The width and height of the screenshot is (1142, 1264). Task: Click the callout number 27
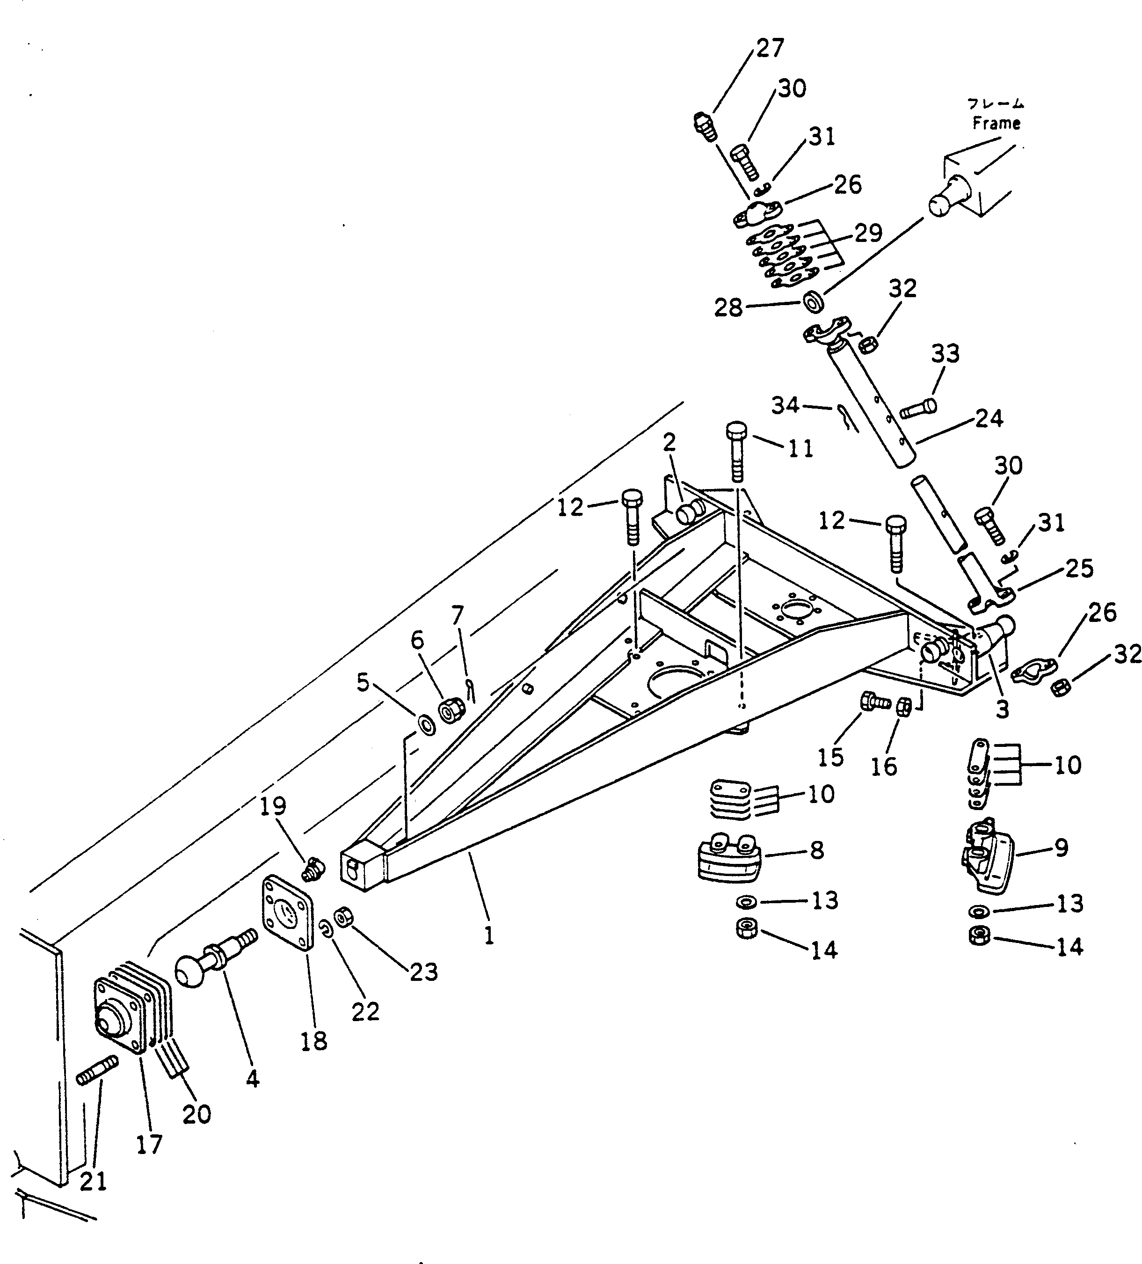click(769, 48)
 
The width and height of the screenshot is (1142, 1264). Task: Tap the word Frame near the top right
click(996, 123)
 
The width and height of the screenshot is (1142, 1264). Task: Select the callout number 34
click(786, 406)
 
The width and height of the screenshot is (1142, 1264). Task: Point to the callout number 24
click(989, 418)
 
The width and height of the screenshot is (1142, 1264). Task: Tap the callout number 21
click(94, 1181)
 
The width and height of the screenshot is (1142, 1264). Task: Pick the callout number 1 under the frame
click(489, 936)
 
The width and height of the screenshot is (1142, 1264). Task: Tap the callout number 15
click(830, 757)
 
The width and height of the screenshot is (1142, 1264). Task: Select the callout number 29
click(868, 233)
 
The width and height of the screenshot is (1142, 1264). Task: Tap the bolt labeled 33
click(918, 409)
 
